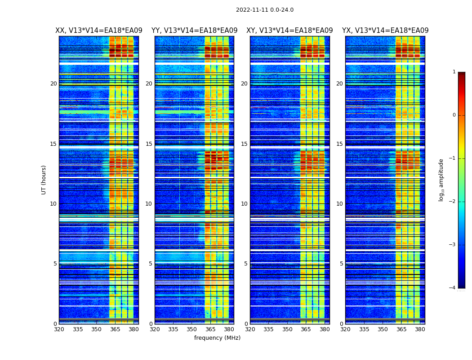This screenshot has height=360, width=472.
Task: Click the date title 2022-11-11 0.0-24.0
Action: point(264,10)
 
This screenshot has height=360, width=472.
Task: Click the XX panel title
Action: point(99,31)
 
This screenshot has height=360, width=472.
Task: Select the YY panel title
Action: point(194,31)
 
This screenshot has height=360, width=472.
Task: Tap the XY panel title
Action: point(289,31)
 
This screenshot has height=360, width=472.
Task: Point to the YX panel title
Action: point(385,31)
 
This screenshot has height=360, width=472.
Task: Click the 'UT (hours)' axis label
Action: point(44,180)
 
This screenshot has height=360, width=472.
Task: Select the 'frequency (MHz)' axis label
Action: point(217,338)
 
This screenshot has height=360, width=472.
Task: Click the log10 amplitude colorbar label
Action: point(441,180)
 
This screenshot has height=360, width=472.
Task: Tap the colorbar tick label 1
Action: point(454,72)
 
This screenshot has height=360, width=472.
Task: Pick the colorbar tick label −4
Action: point(453,288)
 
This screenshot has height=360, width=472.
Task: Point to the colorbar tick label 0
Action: point(454,115)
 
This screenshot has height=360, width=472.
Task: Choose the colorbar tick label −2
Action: point(453,202)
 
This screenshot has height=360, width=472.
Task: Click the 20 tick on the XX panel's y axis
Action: point(53,84)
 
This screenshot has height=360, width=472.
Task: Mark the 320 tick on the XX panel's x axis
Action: point(59,329)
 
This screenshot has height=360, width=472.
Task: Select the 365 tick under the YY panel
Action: point(210,329)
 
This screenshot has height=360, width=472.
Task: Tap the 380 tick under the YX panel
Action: point(420,329)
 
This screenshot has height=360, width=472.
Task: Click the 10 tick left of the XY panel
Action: point(244,204)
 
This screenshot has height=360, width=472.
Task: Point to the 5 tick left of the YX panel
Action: point(342,264)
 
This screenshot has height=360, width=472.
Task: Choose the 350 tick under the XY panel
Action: point(287,329)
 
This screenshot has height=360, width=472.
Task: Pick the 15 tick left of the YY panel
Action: point(149,144)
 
